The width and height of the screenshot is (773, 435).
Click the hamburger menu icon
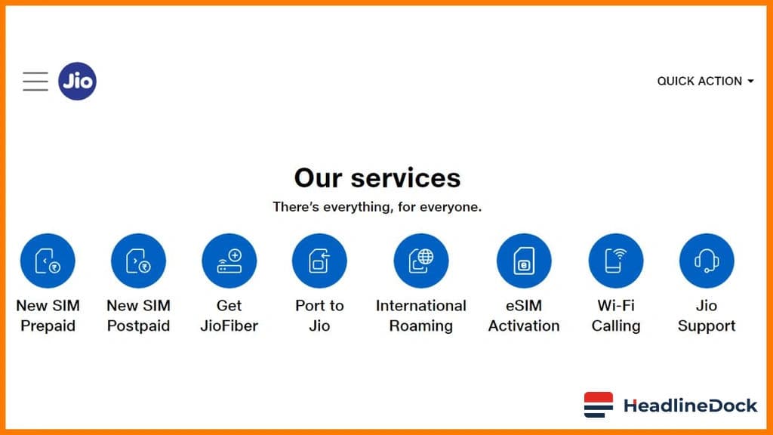35,82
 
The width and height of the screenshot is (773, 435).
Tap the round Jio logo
77,82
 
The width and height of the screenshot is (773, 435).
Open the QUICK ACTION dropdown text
699,82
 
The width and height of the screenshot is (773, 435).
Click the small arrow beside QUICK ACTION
750,82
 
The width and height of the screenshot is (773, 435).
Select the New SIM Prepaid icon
48,261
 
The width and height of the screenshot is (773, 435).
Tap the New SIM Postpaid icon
138,261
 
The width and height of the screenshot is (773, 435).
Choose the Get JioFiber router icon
229,261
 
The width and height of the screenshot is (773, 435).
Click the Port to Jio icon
319,261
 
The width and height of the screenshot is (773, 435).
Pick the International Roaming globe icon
421,261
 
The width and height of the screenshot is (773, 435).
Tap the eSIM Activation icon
524,261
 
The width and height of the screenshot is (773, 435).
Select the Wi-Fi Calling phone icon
616,261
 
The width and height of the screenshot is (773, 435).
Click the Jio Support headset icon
707,261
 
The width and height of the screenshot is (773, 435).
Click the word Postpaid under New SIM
138,326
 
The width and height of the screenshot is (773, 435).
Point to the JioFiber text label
229,326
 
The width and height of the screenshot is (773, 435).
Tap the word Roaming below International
421,326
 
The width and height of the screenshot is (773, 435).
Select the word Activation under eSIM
524,326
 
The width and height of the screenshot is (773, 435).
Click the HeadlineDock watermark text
690,406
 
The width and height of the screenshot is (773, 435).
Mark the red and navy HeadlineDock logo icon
599,406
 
